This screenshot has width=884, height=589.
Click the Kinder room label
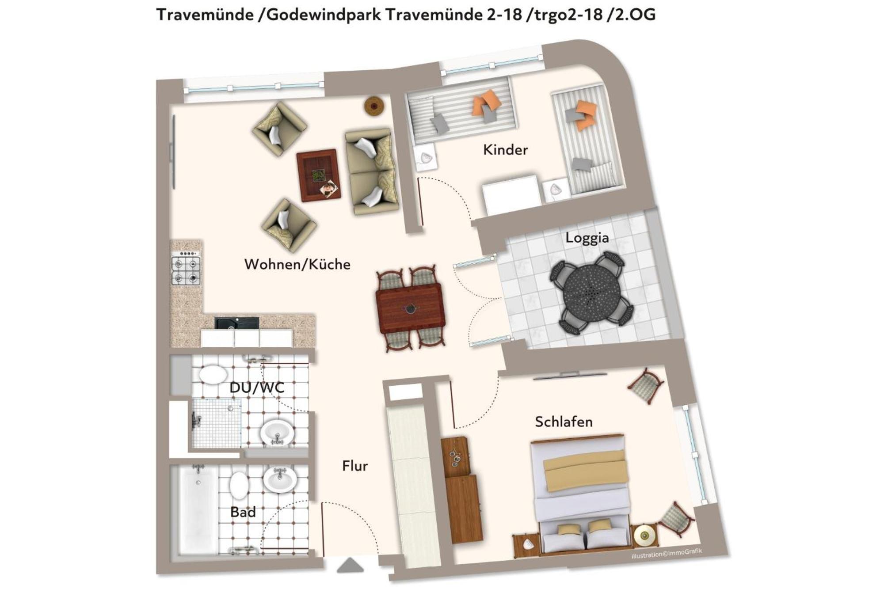tap(505, 150)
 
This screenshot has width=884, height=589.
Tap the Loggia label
tap(587, 238)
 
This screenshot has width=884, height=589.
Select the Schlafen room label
tap(564, 422)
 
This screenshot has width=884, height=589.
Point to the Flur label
tap(354, 466)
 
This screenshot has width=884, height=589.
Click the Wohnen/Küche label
tap(297, 264)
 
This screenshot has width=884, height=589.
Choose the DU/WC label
tap(257, 388)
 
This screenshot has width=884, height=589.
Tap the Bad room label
tap(243, 512)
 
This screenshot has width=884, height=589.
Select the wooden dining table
tap(411, 308)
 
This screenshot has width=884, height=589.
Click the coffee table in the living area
tap(318, 175)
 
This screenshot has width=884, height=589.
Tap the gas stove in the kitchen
tap(186, 268)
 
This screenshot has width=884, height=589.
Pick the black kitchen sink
tap(236, 323)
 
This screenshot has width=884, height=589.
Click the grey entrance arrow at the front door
tap(351, 565)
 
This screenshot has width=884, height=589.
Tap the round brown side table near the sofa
tap(374, 106)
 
